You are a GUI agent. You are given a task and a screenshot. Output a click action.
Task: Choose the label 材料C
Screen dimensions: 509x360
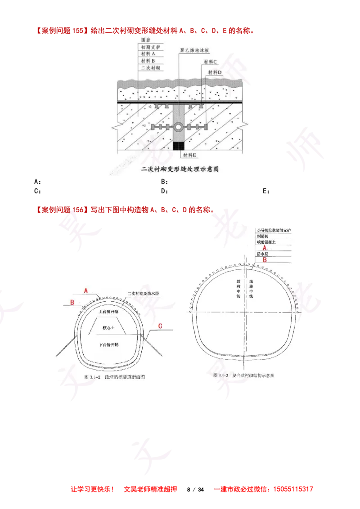pyautogui.click(x=210, y=62)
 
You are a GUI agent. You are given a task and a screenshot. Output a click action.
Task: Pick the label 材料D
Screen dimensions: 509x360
pyautogui.click(x=216, y=72)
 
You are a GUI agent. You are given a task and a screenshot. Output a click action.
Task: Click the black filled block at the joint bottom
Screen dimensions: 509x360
pyautogui.click(x=179, y=146)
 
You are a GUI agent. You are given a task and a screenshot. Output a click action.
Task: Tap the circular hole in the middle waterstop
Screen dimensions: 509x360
pyautogui.click(x=179, y=127)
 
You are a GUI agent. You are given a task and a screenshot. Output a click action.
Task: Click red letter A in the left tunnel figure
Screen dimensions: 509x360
pyautogui.click(x=85, y=291)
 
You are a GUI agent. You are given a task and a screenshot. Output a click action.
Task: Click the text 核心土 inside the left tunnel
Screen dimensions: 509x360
pyautogui.click(x=109, y=328)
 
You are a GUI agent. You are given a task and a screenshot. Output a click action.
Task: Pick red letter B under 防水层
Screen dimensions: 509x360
pyautogui.click(x=265, y=259)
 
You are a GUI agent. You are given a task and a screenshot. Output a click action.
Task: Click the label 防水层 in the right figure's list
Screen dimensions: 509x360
pyautogui.click(x=263, y=254)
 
